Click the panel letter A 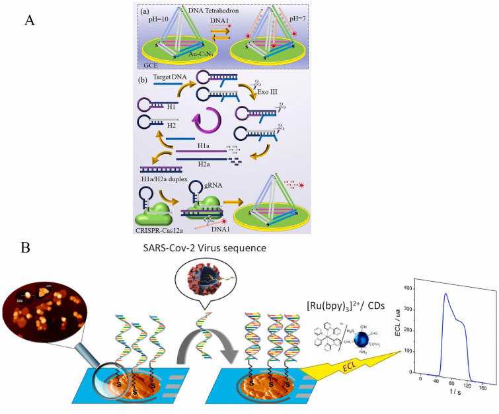(29, 20)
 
